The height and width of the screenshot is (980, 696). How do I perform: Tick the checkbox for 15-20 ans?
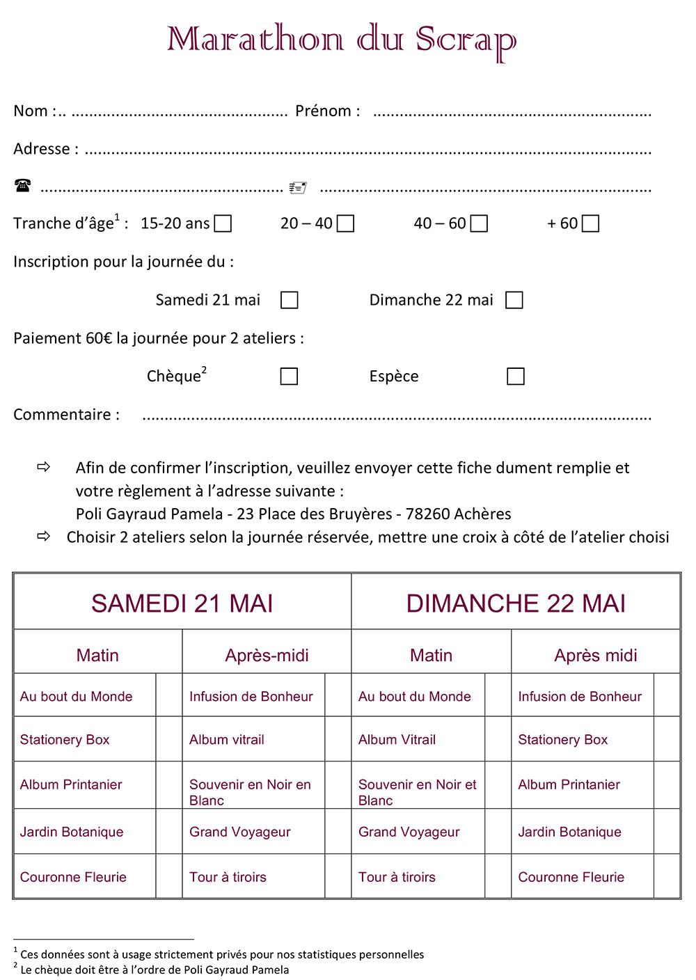(223, 223)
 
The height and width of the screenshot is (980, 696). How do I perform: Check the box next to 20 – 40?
(345, 223)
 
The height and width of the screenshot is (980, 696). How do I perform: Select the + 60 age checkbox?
(590, 223)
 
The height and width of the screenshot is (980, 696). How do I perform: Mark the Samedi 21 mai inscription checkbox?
(289, 300)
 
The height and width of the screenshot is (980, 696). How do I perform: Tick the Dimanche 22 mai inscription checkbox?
(514, 300)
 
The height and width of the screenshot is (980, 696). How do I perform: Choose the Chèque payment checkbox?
(289, 377)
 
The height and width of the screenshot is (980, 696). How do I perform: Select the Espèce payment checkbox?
(515, 377)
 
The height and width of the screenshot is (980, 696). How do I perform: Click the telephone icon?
(22, 185)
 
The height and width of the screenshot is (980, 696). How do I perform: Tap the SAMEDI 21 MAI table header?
(182, 603)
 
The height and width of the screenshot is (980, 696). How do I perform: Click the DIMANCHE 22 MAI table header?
(516, 603)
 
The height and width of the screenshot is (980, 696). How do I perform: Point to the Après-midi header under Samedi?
(267, 655)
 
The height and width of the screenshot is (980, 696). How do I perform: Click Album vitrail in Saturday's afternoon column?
(227, 740)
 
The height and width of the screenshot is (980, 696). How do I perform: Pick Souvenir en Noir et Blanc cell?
(417, 792)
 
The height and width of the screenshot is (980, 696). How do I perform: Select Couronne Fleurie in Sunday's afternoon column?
(571, 877)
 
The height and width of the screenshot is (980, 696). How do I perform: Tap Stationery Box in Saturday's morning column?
(65, 740)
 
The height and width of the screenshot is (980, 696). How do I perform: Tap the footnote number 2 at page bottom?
(15, 966)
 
